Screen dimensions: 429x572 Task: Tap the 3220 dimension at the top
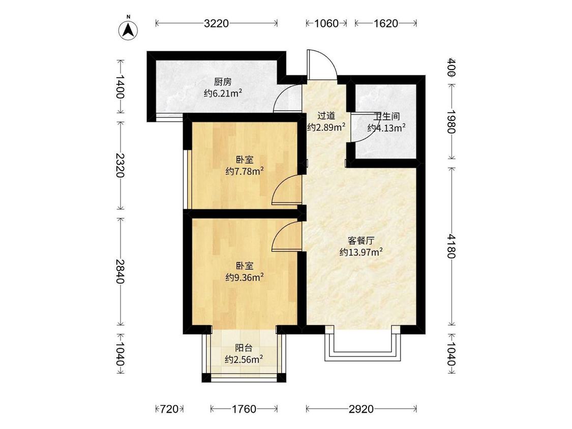[217, 23]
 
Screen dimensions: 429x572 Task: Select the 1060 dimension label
[326, 23]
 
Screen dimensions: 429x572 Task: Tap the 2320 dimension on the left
[121, 165]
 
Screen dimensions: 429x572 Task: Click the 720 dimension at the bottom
[168, 409]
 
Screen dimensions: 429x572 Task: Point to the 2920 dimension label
[361, 409]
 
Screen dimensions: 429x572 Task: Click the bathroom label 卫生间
[386, 116]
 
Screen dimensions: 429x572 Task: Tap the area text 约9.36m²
[245, 277]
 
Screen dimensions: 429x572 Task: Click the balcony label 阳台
[244, 348]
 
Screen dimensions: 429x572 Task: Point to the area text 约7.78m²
[245, 171]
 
